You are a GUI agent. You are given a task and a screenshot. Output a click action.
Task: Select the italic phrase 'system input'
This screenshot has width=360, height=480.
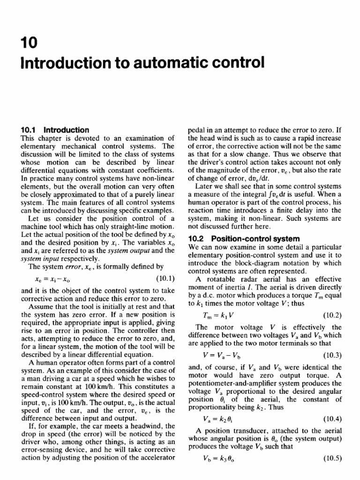click(37, 259)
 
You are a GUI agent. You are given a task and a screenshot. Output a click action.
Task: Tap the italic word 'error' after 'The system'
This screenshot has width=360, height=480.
click(75, 266)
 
